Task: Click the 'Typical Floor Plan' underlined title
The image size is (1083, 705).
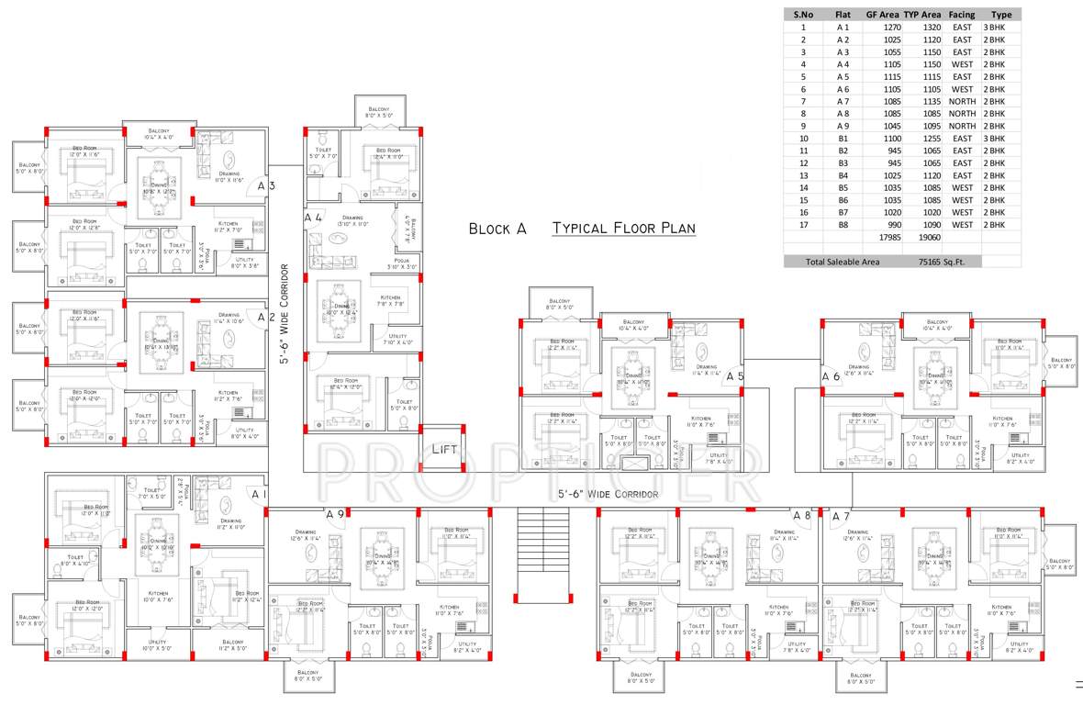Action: coord(623,229)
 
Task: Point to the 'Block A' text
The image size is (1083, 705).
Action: coord(497,229)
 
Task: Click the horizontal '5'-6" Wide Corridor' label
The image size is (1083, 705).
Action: coord(608,495)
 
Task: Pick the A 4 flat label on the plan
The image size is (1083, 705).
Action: coord(313,218)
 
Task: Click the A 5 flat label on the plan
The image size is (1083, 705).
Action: coord(735,376)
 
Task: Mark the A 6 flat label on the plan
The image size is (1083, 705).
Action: coord(831,376)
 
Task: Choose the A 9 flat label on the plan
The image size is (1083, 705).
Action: coord(335,515)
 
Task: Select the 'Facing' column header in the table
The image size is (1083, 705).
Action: coord(962,15)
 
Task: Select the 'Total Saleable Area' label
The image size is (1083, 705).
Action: coord(843,262)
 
